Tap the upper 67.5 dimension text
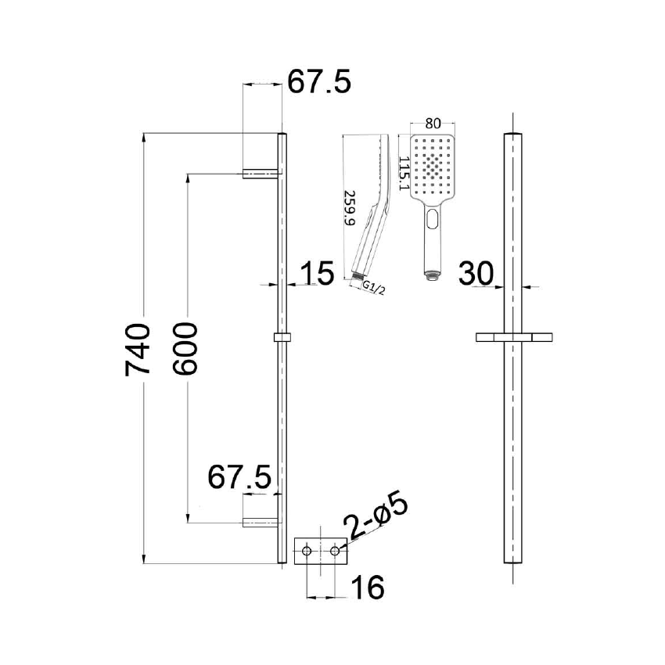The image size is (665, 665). pos(319,81)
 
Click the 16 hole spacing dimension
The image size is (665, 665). pos(368,588)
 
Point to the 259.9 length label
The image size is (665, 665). pos(350,208)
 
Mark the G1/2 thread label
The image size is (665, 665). pos(375,287)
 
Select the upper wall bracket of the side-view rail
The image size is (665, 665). pos(261,173)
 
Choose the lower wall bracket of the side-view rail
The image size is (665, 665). pos(261,523)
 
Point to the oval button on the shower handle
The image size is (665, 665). pos(431,221)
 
